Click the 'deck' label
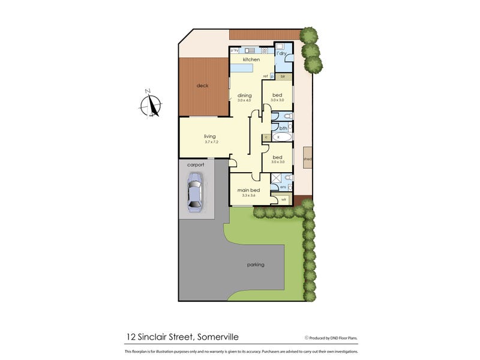202,86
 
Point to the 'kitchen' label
251,60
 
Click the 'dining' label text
244,95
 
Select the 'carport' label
196,164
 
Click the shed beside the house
308,159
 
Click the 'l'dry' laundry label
281,53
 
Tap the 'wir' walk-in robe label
283,199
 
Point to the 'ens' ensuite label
274,187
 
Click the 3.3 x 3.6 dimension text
248,196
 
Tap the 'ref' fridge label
265,76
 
